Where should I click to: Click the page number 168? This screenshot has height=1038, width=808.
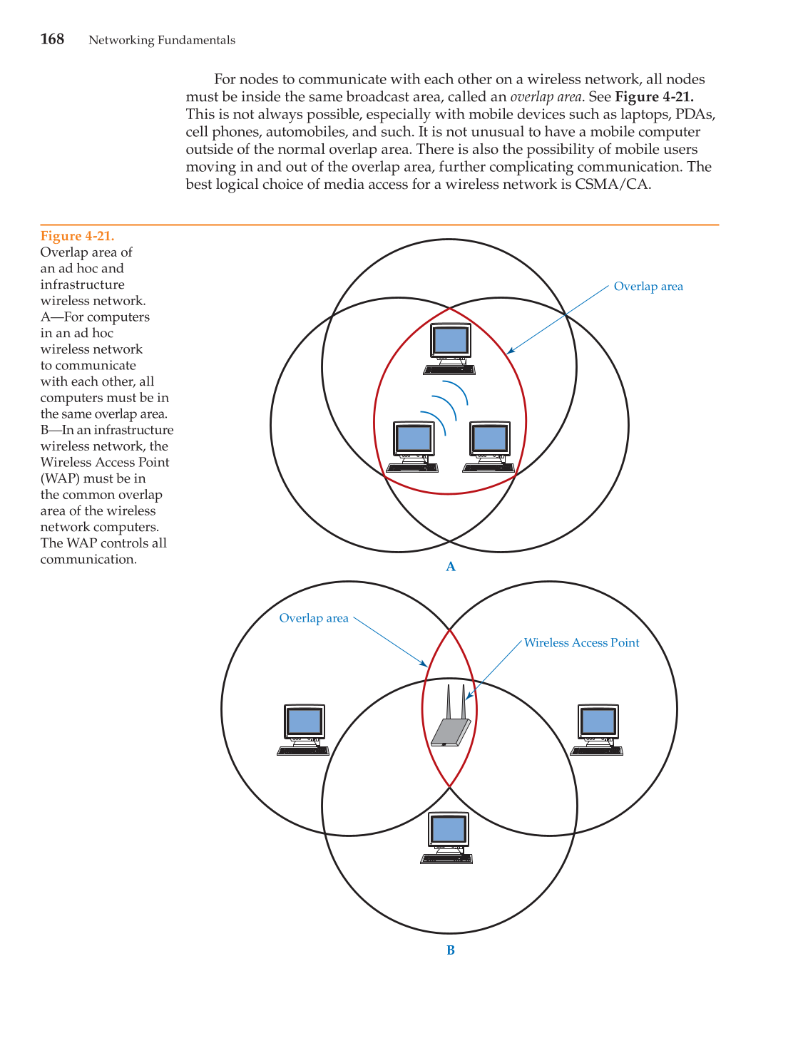pyautogui.click(x=52, y=39)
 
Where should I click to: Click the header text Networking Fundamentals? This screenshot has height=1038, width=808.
pyautogui.click(x=162, y=40)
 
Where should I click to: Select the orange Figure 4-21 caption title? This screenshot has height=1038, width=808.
pyautogui.click(x=77, y=236)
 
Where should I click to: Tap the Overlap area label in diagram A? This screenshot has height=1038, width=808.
pyautogui.click(x=648, y=287)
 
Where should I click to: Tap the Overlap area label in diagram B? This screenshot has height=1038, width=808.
pyautogui.click(x=314, y=618)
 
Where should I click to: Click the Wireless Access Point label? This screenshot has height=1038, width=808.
pyautogui.click(x=581, y=643)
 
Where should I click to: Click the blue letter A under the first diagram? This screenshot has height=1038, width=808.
pyautogui.click(x=450, y=567)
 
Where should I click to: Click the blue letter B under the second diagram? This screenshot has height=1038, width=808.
pyautogui.click(x=450, y=950)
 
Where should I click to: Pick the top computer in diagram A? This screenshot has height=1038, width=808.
pyautogui.click(x=450, y=349)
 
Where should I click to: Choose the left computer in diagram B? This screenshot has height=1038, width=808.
pyautogui.click(x=304, y=729)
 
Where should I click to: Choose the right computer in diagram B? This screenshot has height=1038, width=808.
pyautogui.click(x=598, y=729)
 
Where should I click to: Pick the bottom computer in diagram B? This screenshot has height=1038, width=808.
pyautogui.click(x=448, y=838)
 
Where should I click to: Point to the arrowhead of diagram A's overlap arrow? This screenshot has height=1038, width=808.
pyautogui.click(x=509, y=351)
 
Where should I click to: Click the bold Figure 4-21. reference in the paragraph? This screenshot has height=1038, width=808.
pyautogui.click(x=654, y=97)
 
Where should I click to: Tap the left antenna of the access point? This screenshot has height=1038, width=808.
pyautogui.click(x=449, y=702)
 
